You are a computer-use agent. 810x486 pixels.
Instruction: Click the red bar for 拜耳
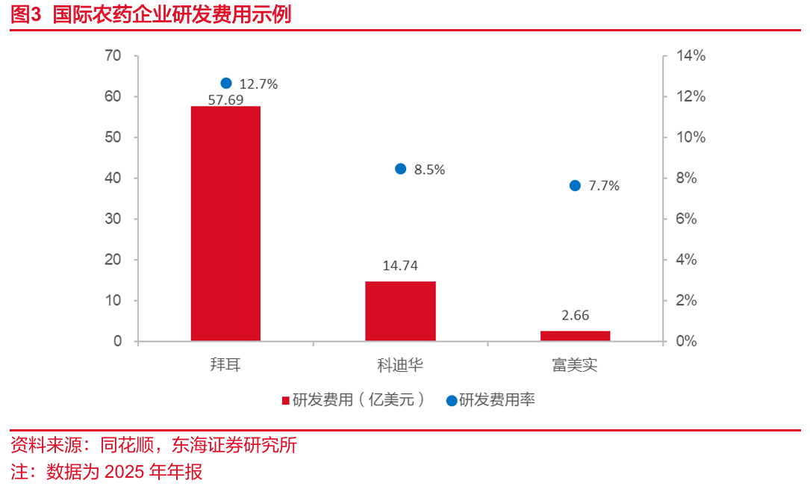tap(225, 224)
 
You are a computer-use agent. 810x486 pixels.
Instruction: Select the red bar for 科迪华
tap(400, 311)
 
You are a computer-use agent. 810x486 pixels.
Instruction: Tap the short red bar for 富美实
tap(575, 336)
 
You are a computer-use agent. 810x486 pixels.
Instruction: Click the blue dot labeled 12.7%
tap(226, 84)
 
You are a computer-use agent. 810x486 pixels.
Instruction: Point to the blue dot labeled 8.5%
tap(400, 169)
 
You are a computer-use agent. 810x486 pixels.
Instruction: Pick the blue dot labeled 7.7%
tap(575, 186)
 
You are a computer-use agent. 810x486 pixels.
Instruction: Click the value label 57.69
tap(225, 99)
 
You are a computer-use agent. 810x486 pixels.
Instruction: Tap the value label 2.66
tap(575, 316)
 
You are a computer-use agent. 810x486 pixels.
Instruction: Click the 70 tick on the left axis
tap(113, 56)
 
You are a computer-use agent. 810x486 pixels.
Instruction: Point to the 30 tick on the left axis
tap(113, 219)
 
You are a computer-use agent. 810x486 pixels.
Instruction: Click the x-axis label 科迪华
tap(400, 366)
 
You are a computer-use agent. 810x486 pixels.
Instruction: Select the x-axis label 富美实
tap(575, 366)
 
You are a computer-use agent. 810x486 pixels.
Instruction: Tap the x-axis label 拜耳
tap(225, 366)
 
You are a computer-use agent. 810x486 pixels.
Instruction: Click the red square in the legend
tap(285, 401)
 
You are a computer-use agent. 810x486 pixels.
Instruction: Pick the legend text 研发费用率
tap(496, 400)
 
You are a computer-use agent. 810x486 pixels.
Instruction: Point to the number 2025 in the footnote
tap(125, 472)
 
